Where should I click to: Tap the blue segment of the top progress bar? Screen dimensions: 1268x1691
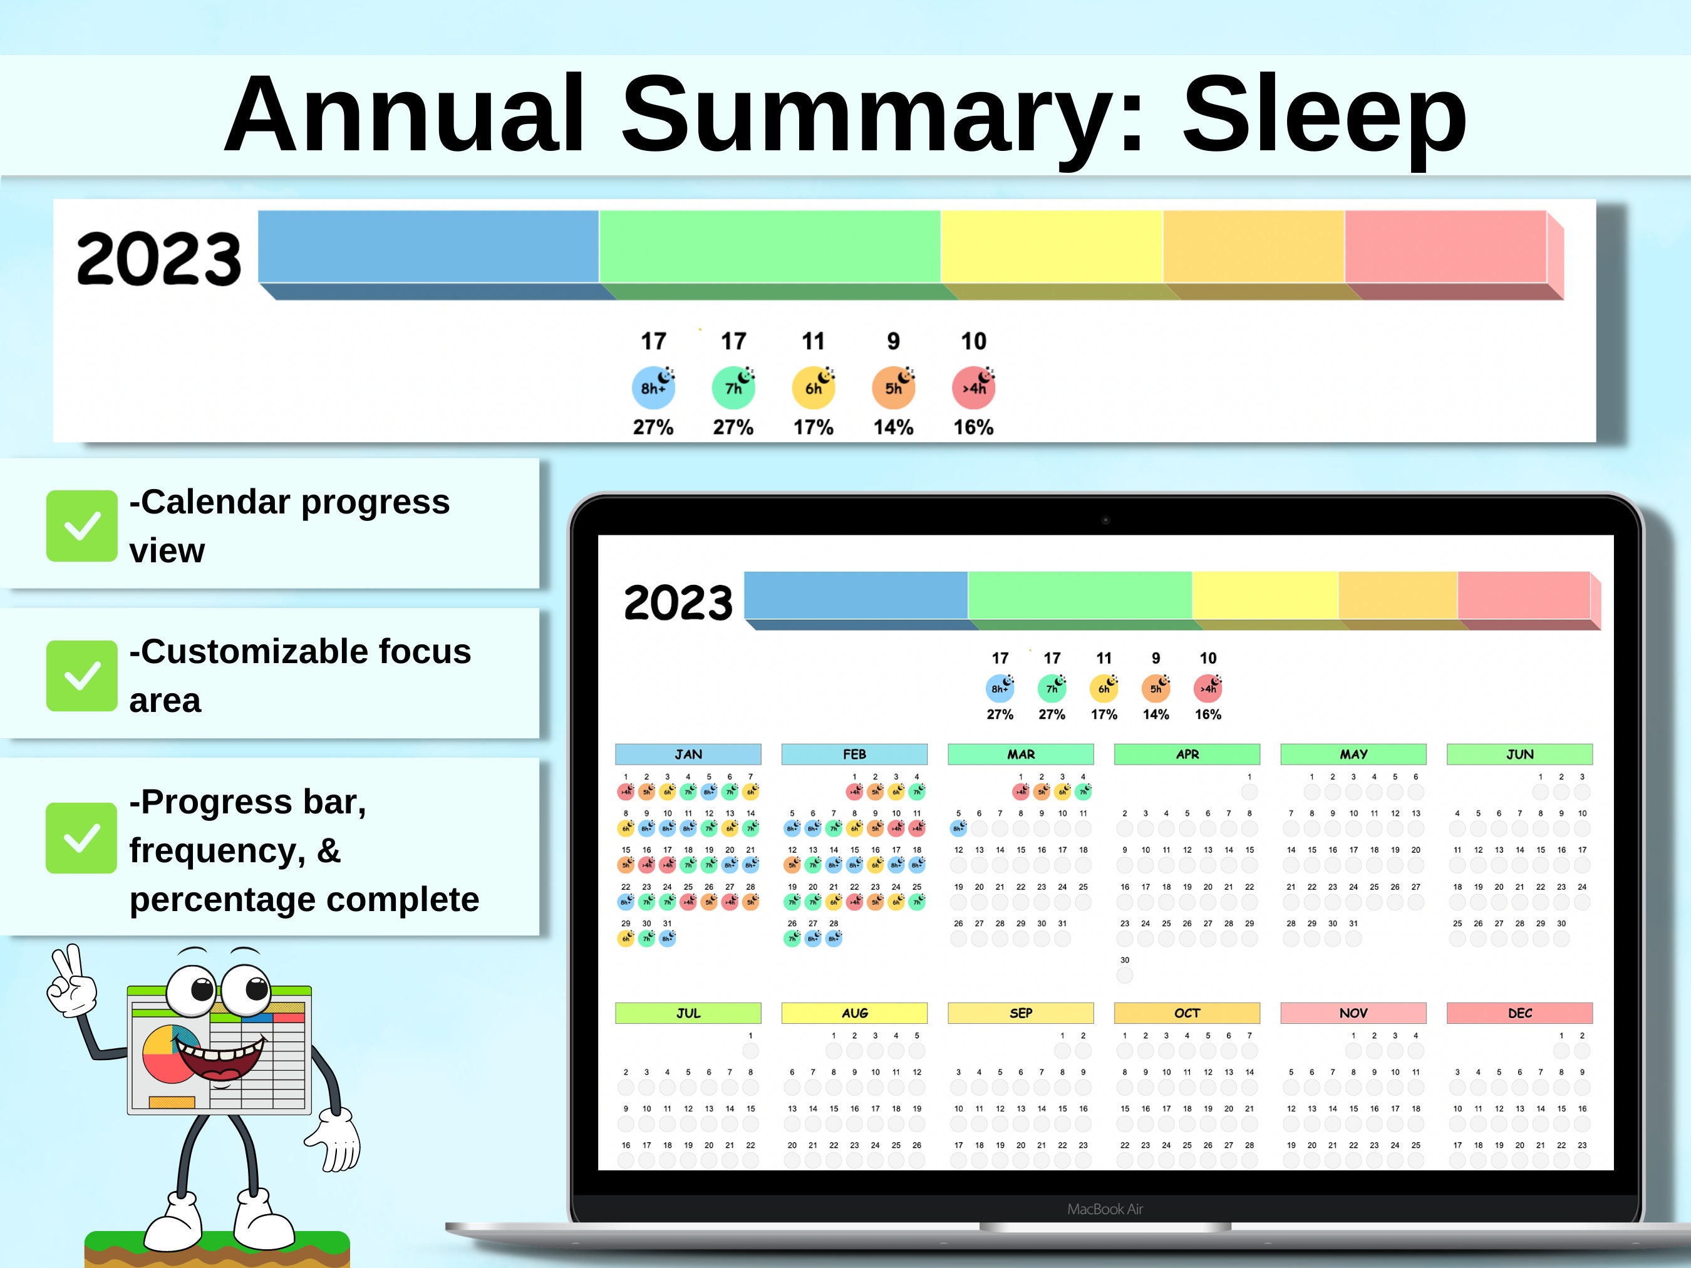click(x=428, y=246)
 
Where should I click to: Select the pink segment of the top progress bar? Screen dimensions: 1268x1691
click(x=1445, y=246)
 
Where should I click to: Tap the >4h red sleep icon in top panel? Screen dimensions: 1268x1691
click(x=973, y=387)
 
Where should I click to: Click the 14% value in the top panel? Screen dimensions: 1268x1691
click(x=893, y=427)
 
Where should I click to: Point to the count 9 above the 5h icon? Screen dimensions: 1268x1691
click(x=893, y=341)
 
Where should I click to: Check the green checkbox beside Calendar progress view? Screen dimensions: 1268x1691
click(x=82, y=526)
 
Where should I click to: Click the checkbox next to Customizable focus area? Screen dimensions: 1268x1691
click(x=82, y=676)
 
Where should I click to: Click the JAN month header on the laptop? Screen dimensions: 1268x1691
click(x=688, y=755)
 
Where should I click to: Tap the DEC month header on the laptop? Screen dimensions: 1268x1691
click(x=1520, y=1013)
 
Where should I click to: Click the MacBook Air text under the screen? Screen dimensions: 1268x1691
click(x=1105, y=1209)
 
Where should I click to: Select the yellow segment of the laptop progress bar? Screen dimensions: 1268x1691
click(x=1264, y=595)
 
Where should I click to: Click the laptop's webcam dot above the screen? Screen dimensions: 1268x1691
click(x=1105, y=520)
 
